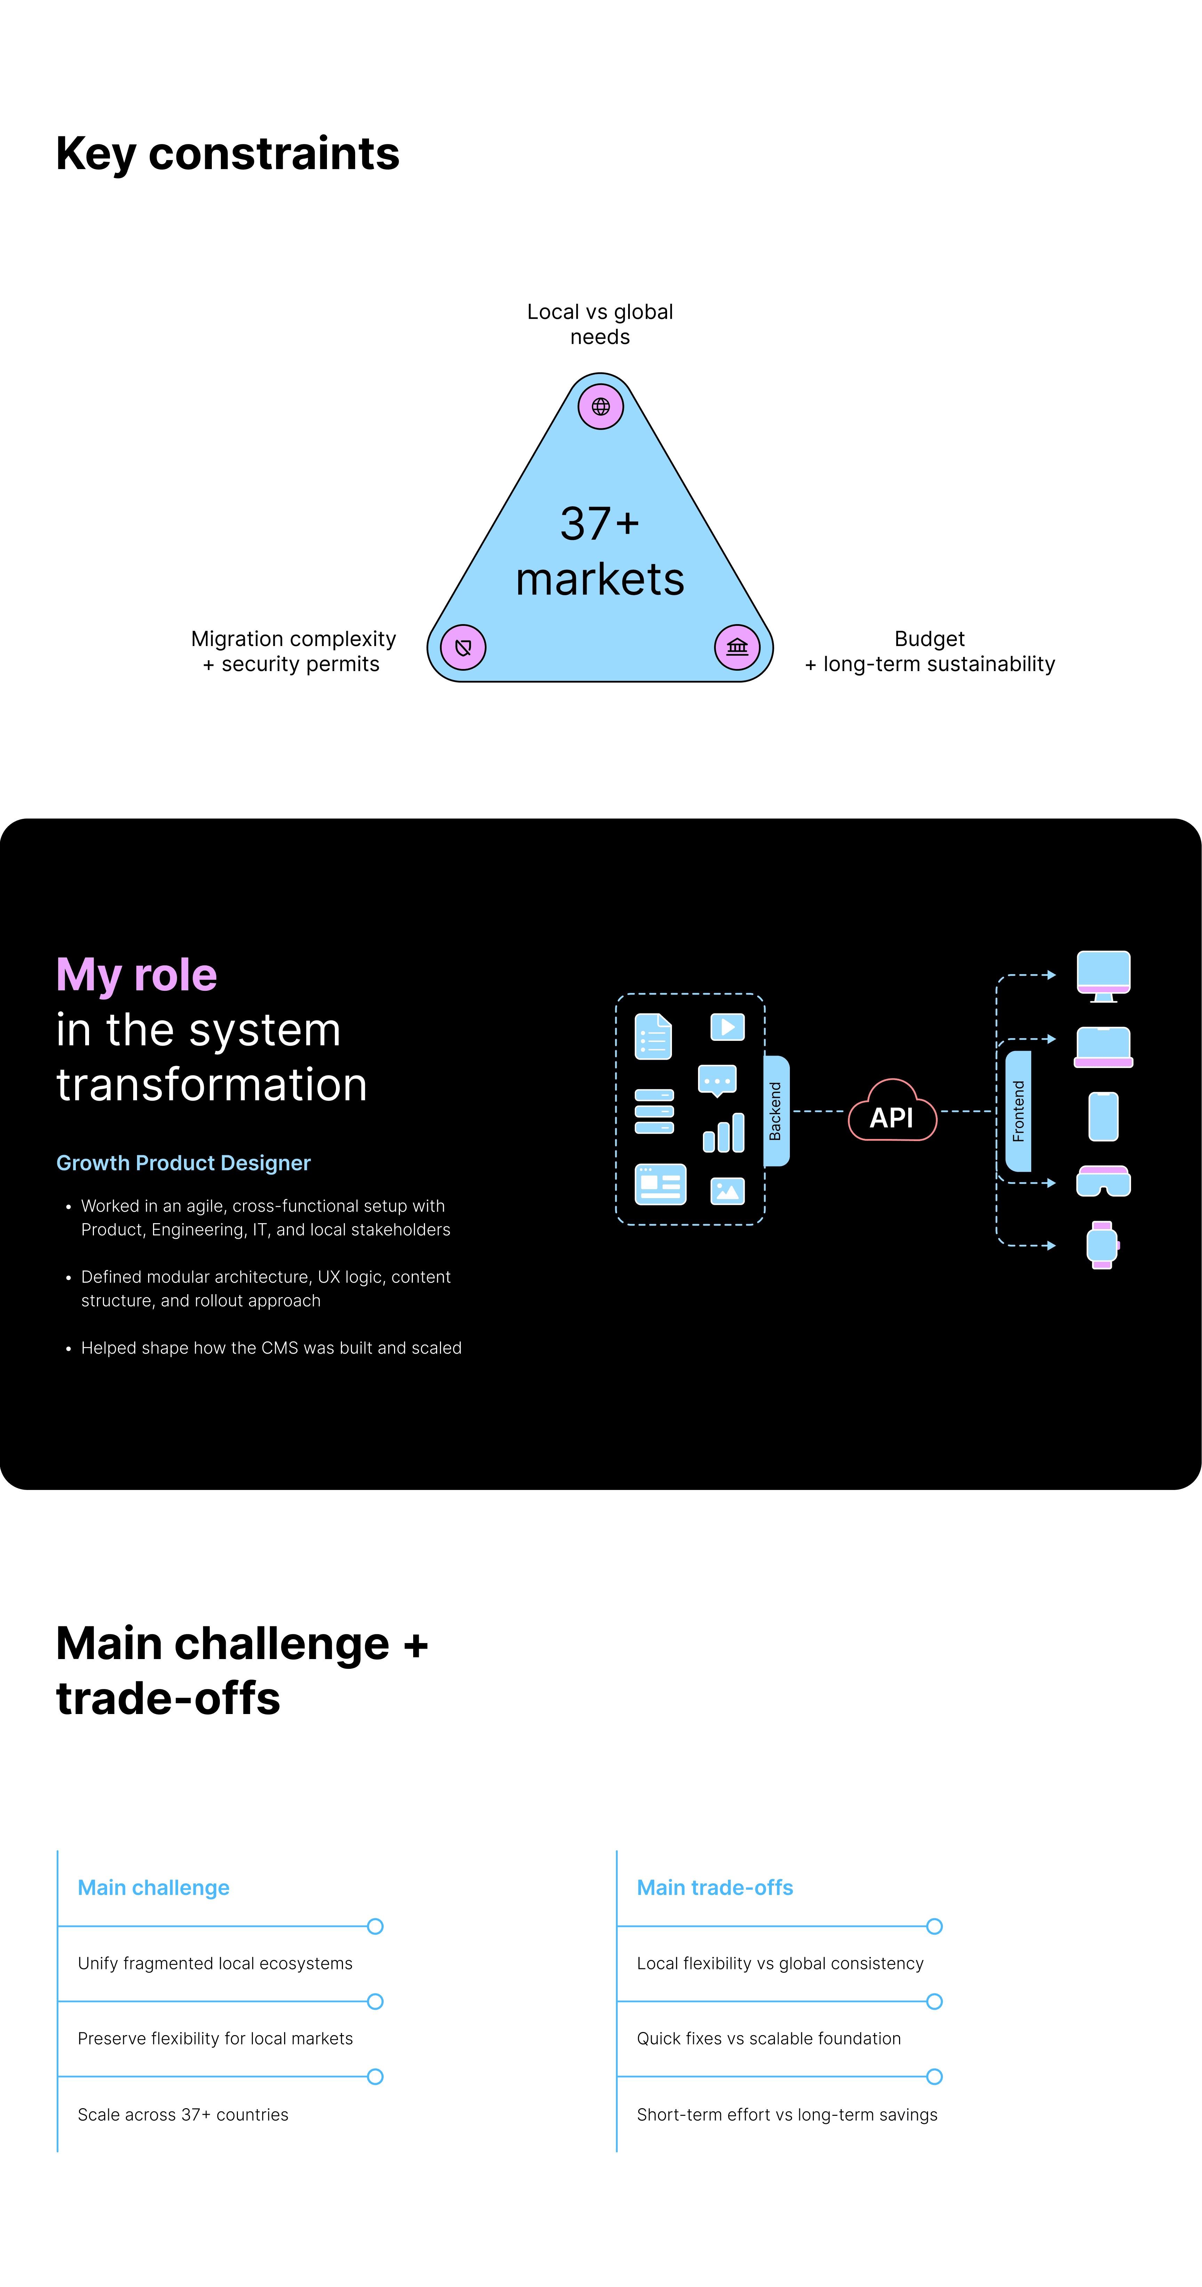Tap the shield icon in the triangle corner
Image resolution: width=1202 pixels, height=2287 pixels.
click(x=463, y=647)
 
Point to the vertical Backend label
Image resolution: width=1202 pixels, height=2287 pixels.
click(x=775, y=1111)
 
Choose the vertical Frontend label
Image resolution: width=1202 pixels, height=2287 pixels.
click(x=1018, y=1111)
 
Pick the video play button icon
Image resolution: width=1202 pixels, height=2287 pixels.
click(x=727, y=1027)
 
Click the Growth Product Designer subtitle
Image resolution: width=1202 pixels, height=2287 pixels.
click(x=183, y=1163)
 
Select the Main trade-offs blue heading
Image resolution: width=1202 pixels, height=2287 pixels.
click(x=715, y=1888)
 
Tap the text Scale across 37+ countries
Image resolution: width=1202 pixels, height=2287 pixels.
click(x=183, y=2115)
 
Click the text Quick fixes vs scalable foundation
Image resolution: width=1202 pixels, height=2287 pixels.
click(x=769, y=2038)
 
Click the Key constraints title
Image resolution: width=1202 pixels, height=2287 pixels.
click(x=227, y=153)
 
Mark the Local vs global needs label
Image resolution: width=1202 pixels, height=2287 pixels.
click(x=600, y=324)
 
